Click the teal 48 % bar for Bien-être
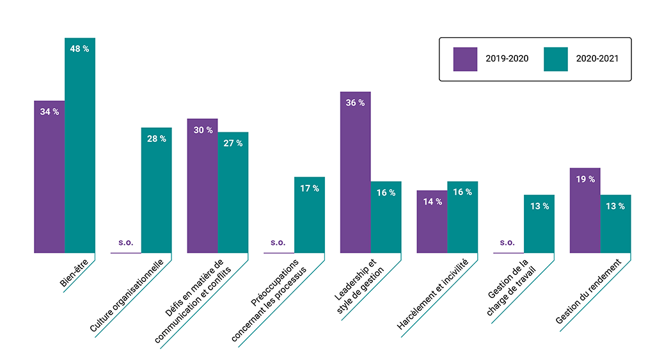pos(80,145)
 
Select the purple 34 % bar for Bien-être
pos(49,176)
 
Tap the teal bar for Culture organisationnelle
pos(156,190)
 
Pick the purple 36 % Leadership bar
pos(356,172)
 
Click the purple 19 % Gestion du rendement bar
pos(585,210)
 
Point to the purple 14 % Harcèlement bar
pos(432,222)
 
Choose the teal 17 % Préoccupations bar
pos(310,215)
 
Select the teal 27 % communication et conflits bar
pos(233,192)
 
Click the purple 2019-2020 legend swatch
pos(466,59)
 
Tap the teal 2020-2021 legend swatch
pos(556,59)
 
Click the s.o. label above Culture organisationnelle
pos(126,242)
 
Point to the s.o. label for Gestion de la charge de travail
pos(507,242)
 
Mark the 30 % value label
pos(203,130)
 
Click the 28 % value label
pos(157,139)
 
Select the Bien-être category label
pos(74,273)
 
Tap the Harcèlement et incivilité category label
pos(432,294)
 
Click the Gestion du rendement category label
pos(588,291)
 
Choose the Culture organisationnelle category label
pos(126,295)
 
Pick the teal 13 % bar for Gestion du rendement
pos(616,224)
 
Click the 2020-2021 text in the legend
pos(597,58)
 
